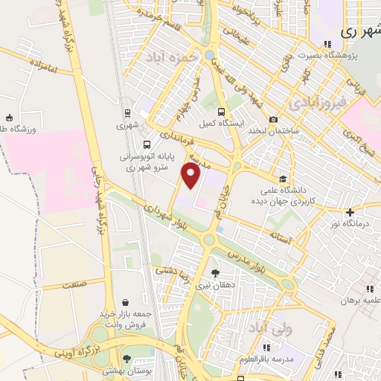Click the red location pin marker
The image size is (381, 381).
192,177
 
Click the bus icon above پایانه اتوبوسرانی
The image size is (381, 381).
146,144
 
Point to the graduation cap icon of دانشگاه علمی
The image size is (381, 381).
283,179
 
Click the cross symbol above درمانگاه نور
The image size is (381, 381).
350,213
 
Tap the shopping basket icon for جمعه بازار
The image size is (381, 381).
124,302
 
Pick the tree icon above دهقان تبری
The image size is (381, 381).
215,273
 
